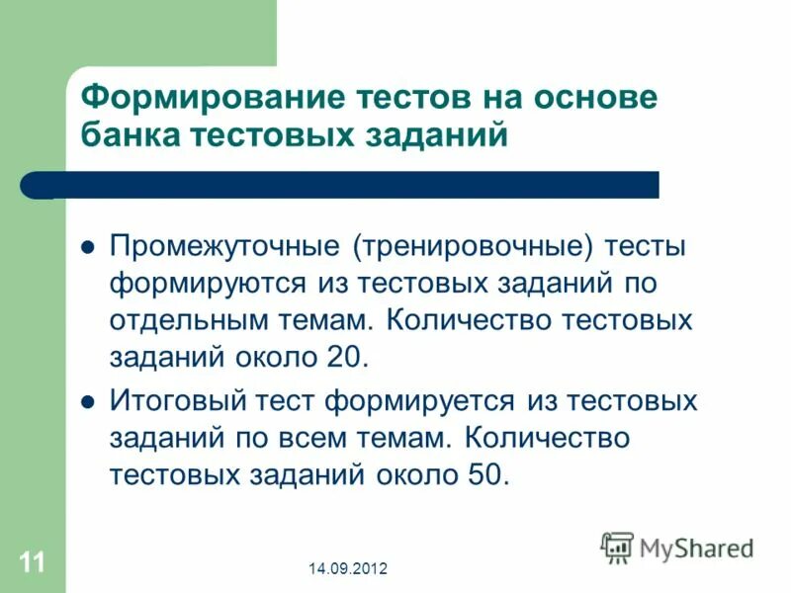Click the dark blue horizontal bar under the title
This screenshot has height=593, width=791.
click(x=346, y=185)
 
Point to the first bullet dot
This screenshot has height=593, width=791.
click(x=86, y=247)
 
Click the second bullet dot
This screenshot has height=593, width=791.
click(x=86, y=402)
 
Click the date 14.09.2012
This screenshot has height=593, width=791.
click(x=347, y=568)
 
